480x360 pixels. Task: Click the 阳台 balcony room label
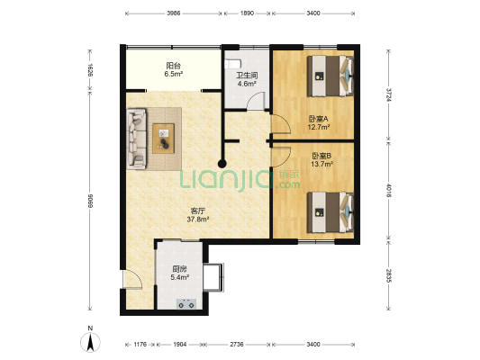[x=173, y=66]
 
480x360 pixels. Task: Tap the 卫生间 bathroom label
[x=247, y=76]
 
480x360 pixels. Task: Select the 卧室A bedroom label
[x=319, y=119]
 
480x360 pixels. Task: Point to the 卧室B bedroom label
[x=322, y=156]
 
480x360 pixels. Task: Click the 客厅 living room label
[x=198, y=211]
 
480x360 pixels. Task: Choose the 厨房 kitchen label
[x=179, y=269]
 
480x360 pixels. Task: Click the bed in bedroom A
[x=331, y=76]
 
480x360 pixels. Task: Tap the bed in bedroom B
[x=331, y=212]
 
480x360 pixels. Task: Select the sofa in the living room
[x=137, y=139]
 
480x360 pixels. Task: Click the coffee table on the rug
[x=164, y=139]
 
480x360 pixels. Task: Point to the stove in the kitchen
[x=187, y=304]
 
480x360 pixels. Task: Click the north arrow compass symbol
[x=90, y=342]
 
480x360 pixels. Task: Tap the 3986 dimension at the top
[x=173, y=13]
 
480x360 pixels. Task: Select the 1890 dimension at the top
[x=247, y=13]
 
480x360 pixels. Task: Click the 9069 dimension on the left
[x=90, y=201]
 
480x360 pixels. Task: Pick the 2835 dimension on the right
[x=388, y=275]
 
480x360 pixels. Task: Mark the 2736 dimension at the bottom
[x=237, y=345]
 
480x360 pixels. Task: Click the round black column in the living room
[x=222, y=164]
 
